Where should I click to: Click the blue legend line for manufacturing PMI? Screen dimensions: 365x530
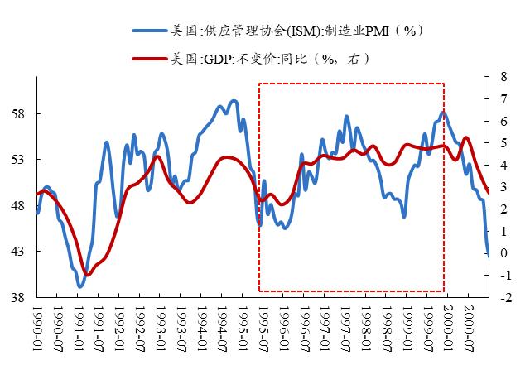pos(149,31)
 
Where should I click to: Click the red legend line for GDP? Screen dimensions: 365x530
pos(149,59)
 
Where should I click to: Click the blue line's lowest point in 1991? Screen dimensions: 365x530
pos(80,286)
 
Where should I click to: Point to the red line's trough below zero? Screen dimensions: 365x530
pos(87,274)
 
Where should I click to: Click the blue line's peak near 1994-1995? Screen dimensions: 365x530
pos(235,101)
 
